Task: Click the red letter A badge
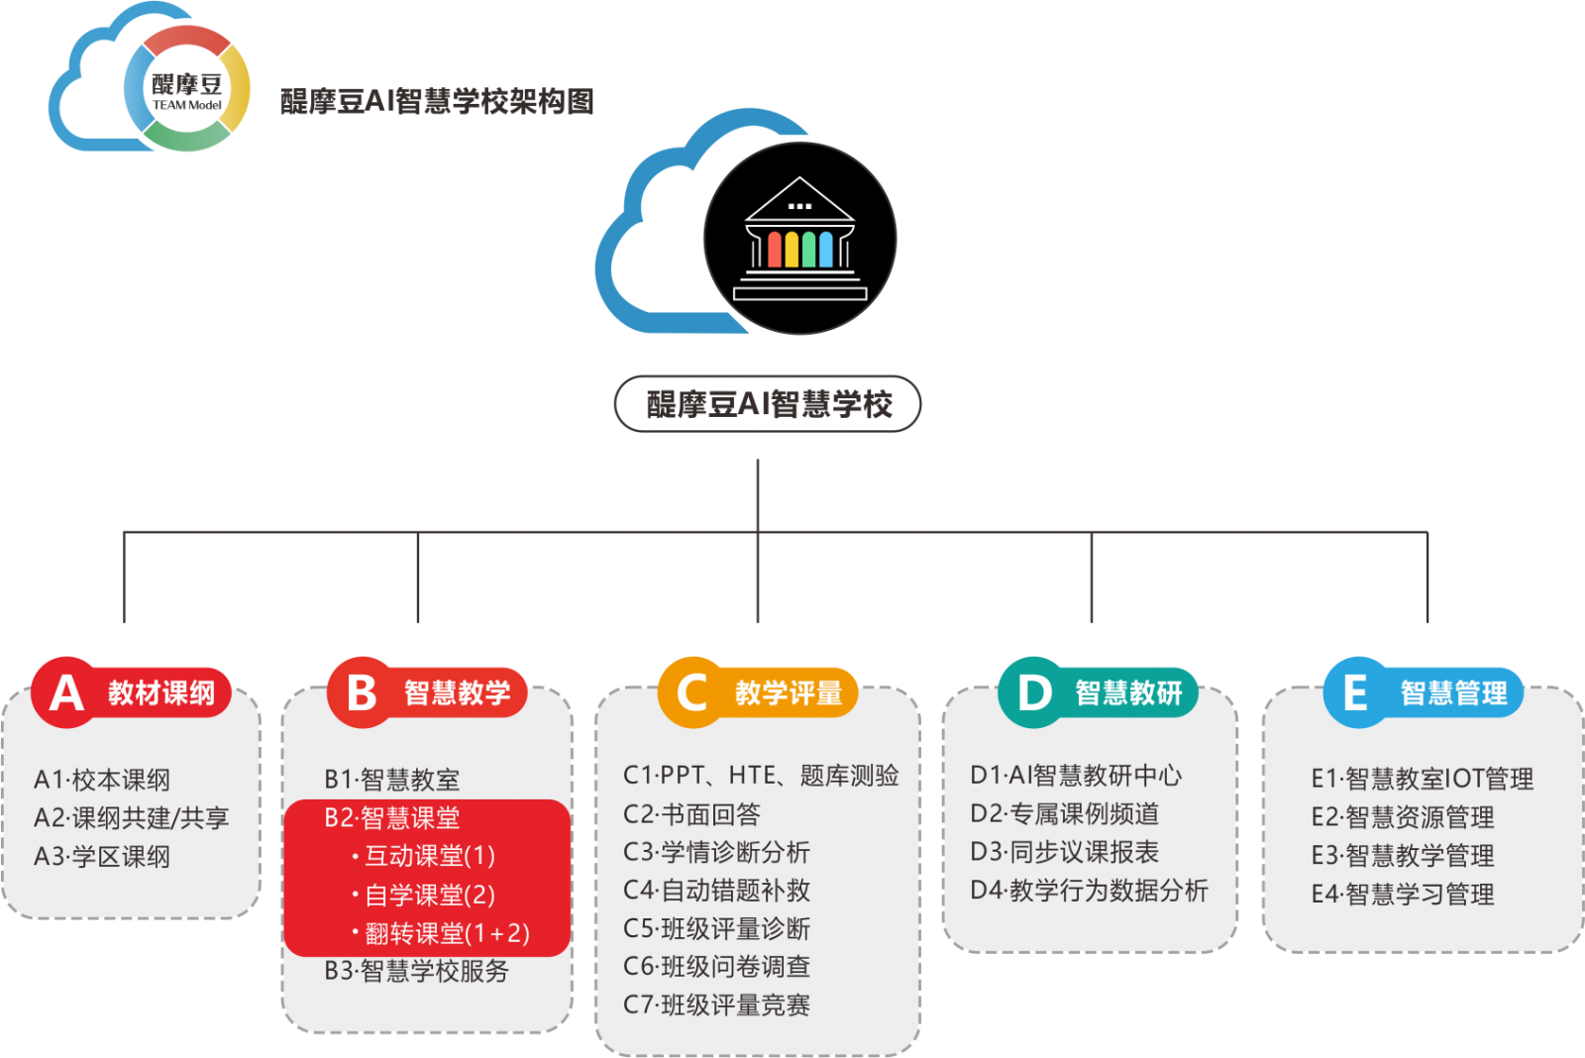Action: tap(65, 692)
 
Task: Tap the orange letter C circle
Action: tap(691, 692)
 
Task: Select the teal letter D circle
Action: tap(1032, 692)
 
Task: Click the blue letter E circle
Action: tap(1355, 692)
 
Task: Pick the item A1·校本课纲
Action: tap(102, 780)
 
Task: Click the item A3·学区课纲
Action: tap(102, 856)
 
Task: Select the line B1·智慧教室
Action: tap(392, 780)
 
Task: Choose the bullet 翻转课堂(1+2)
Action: tap(441, 933)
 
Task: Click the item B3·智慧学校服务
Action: tap(416, 971)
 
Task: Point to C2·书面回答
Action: tap(691, 814)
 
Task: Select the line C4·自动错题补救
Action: tap(716, 891)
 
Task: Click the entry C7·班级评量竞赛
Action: tap(716, 1005)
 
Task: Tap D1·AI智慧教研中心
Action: tap(1076, 776)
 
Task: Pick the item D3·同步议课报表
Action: tap(1064, 852)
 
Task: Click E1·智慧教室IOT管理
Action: tap(1422, 779)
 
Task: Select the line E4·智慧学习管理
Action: tap(1402, 895)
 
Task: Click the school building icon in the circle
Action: tap(799, 239)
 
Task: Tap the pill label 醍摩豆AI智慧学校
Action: tap(768, 404)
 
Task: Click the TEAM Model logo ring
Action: tap(187, 88)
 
